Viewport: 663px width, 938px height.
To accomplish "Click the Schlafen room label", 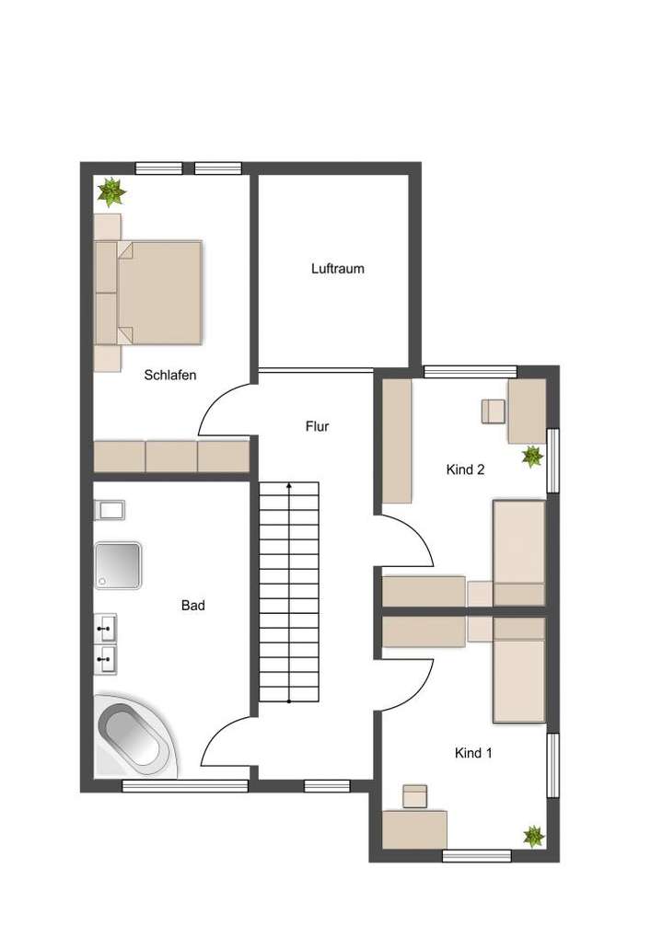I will click(170, 375).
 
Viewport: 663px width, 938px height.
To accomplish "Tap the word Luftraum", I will click(337, 269).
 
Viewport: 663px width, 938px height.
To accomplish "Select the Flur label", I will click(317, 426).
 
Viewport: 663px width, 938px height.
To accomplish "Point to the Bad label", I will click(192, 606).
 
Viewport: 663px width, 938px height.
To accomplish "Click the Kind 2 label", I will click(465, 469).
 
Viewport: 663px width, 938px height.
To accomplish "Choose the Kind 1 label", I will click(473, 753).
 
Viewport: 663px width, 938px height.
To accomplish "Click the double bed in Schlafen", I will click(159, 292).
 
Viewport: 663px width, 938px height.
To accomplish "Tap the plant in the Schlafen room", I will click(111, 191).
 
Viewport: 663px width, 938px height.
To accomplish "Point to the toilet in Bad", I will click(110, 510).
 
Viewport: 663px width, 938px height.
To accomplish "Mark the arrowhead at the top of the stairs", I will click(289, 484).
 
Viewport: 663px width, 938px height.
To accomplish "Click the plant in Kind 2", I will click(531, 456).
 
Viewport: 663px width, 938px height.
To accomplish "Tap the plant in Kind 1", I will click(533, 836).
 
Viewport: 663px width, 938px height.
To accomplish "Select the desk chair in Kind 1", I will click(415, 796).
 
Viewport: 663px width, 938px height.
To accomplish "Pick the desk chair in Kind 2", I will click(493, 411).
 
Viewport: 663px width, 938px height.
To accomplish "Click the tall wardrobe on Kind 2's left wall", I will click(397, 441).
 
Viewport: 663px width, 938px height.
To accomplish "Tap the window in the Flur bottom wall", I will click(327, 785).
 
